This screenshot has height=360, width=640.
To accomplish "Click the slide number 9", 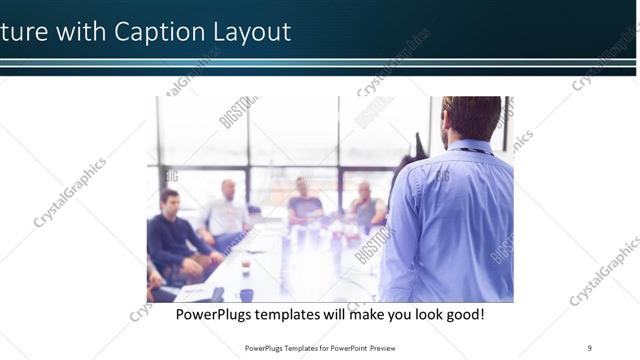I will [x=590, y=347].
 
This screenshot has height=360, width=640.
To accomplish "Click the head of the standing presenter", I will [x=471, y=118].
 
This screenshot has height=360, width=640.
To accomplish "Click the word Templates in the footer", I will [x=293, y=347].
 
